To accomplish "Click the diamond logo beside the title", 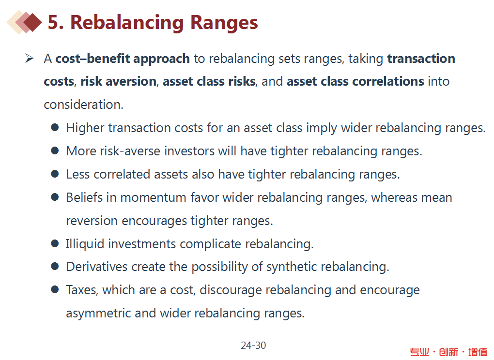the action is [x=24, y=22].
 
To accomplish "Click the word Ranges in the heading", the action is [x=224, y=23].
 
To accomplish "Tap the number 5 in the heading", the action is [x=54, y=22].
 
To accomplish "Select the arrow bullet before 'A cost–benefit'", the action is [x=29, y=58].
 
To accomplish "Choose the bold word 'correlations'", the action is [x=388, y=81].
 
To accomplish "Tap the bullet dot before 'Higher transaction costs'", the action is [x=55, y=127].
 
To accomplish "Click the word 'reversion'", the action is [x=92, y=221].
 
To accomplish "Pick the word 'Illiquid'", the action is [x=85, y=244].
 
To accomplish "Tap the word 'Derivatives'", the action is [x=97, y=267].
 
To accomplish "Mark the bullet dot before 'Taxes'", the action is [x=55, y=289].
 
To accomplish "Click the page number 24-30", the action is [x=253, y=345].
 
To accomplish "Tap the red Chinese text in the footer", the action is [x=448, y=352].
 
